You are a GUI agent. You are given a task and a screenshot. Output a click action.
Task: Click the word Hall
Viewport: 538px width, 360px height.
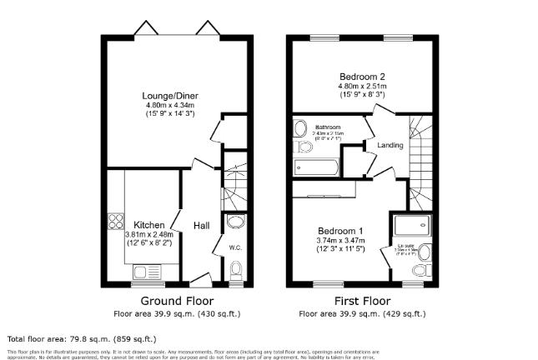tap(202, 226)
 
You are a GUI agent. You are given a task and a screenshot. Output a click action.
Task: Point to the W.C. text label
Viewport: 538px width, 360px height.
tap(236, 247)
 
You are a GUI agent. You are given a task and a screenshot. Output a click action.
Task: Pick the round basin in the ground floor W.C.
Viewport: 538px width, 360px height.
tap(237, 222)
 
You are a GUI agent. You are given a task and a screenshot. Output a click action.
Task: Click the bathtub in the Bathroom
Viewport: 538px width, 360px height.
tap(317, 167)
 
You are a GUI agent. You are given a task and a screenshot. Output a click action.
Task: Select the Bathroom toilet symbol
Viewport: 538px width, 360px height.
tap(302, 147)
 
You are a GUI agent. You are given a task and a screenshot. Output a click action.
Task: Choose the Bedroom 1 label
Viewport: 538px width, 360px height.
tap(339, 230)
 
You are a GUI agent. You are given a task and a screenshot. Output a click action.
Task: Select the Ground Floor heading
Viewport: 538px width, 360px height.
tap(177, 301)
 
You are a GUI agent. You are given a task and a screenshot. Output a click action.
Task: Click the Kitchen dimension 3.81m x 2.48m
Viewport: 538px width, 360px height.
tap(143, 234)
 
